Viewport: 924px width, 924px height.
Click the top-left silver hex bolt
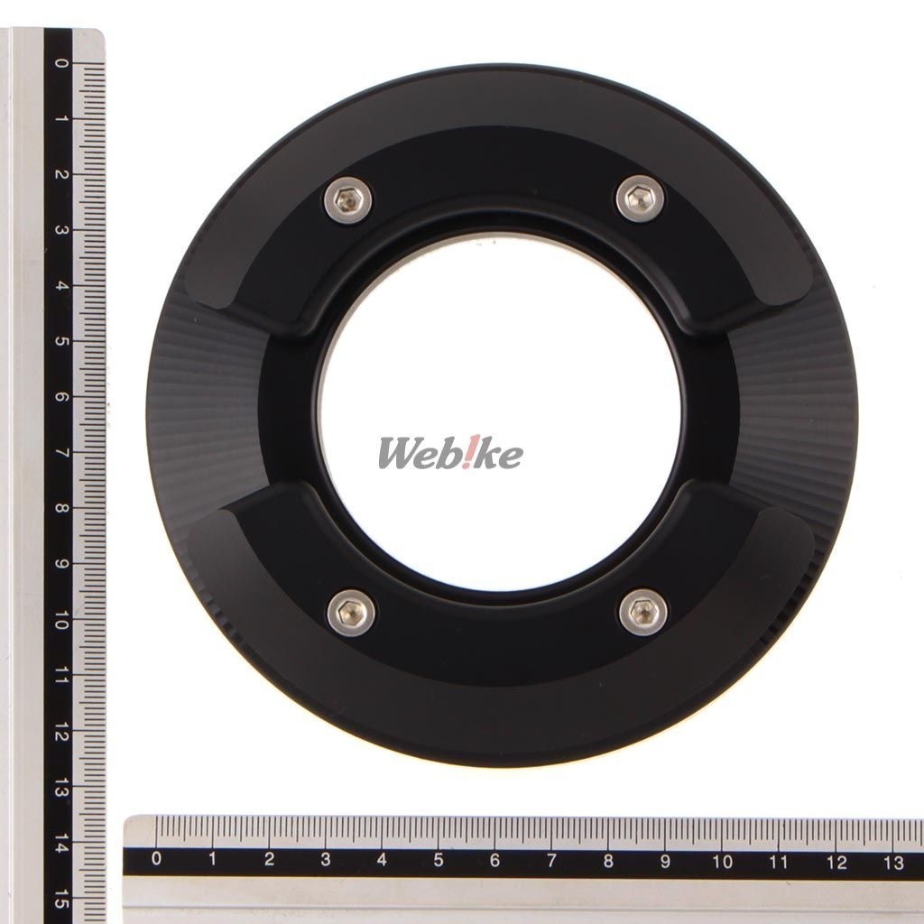(x=347, y=201)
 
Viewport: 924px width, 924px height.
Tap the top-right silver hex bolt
(x=640, y=199)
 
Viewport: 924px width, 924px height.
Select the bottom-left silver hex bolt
(x=351, y=613)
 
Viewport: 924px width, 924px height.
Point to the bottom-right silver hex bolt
(x=643, y=612)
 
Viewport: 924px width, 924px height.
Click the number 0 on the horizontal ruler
(x=156, y=858)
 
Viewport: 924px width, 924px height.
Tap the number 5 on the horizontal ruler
(x=439, y=860)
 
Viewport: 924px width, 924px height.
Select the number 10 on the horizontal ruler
(x=722, y=862)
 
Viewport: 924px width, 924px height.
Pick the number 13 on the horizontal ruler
(x=893, y=863)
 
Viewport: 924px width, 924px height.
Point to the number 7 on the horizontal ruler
(x=551, y=860)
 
